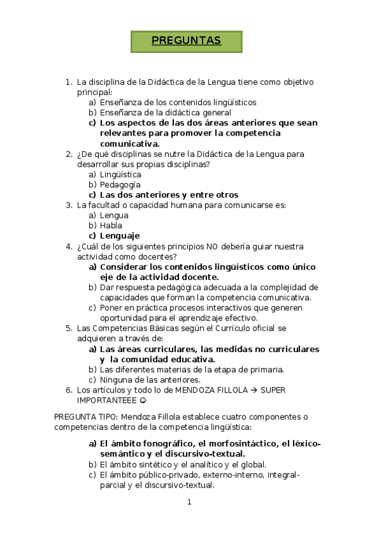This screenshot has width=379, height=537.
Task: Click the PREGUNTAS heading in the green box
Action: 186,41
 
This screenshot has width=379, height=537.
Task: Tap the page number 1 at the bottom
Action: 189,503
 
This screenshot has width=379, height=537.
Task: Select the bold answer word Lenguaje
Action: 120,236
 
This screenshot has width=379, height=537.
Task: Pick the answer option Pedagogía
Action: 120,185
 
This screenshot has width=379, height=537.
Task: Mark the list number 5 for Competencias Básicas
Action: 68,328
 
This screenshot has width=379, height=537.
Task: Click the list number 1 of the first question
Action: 68,82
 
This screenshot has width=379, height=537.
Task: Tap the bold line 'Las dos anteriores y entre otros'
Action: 169,195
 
